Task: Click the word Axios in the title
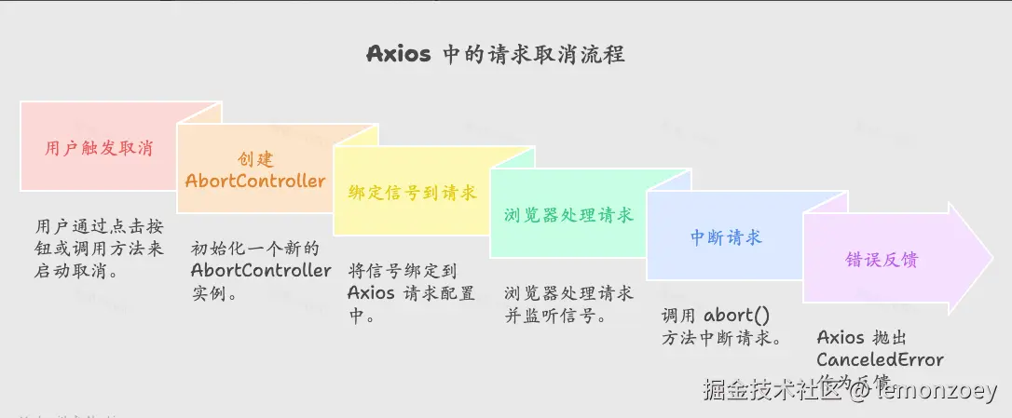[398, 54]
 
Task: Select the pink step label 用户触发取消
[99, 148]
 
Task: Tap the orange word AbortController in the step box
[255, 181]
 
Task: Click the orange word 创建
[255, 160]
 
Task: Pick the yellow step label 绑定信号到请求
[412, 193]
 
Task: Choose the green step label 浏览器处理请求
[568, 215]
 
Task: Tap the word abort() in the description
[743, 315]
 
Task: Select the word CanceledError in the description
[880, 359]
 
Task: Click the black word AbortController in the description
[261, 271]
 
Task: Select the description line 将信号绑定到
[403, 271]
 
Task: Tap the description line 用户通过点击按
[96, 226]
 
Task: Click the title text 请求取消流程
[556, 54]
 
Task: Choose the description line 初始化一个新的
[254, 249]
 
